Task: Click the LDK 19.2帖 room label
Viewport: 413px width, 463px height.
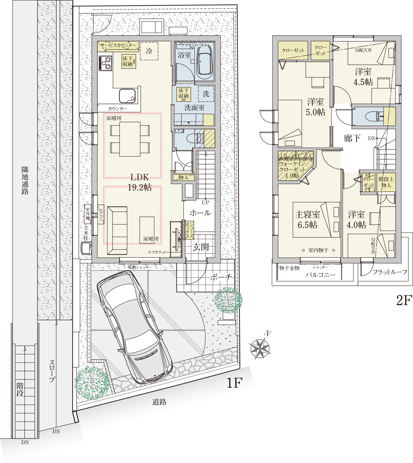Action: pyautogui.click(x=140, y=182)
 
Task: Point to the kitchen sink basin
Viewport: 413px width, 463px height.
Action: pyautogui.click(x=127, y=96)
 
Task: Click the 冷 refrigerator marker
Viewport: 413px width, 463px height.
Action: pyautogui.click(x=149, y=51)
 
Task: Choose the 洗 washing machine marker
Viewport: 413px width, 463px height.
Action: pyautogui.click(x=206, y=94)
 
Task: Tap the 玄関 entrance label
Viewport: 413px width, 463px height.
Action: pyautogui.click(x=201, y=247)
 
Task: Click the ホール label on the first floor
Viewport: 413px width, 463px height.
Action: pyautogui.click(x=200, y=213)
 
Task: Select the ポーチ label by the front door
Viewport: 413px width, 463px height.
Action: pyautogui.click(x=221, y=277)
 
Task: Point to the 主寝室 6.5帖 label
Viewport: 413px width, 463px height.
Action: pyautogui.click(x=307, y=220)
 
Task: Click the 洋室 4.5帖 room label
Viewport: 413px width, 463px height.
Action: pyautogui.click(x=363, y=77)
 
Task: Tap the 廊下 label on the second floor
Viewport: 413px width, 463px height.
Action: pyautogui.click(x=352, y=138)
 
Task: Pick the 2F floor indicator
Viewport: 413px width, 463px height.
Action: pyautogui.click(x=404, y=300)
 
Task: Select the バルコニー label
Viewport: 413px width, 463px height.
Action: pyautogui.click(x=320, y=275)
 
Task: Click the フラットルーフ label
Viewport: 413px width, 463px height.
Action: pyautogui.click(x=390, y=272)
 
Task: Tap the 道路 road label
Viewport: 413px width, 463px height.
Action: pyautogui.click(x=159, y=402)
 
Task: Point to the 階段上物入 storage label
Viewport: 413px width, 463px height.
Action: pyautogui.click(x=386, y=182)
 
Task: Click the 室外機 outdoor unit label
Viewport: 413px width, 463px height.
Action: pyautogui.click(x=88, y=214)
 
